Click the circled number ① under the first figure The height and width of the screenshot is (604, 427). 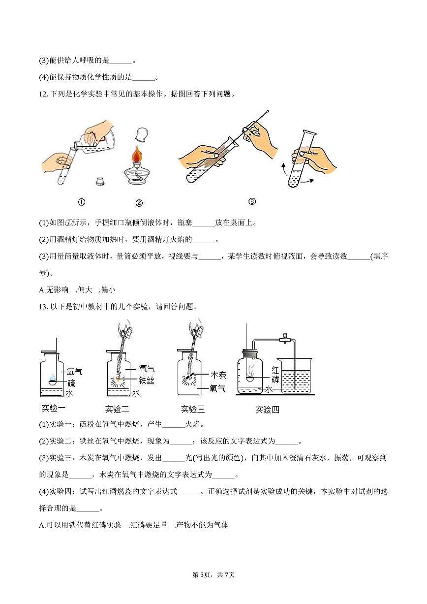click(x=82, y=202)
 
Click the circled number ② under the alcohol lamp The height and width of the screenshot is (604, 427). click(x=139, y=203)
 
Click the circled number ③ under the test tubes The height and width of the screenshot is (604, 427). click(x=252, y=201)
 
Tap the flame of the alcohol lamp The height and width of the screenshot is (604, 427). click(x=139, y=157)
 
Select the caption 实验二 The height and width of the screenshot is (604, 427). click(x=117, y=409)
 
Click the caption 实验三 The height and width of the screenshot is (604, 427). click(x=193, y=409)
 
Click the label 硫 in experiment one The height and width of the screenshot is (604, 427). click(x=71, y=383)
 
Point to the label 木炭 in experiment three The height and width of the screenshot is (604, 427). click(x=218, y=376)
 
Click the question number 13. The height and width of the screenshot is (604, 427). click(x=43, y=306)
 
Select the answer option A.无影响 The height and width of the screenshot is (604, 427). click(x=54, y=290)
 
